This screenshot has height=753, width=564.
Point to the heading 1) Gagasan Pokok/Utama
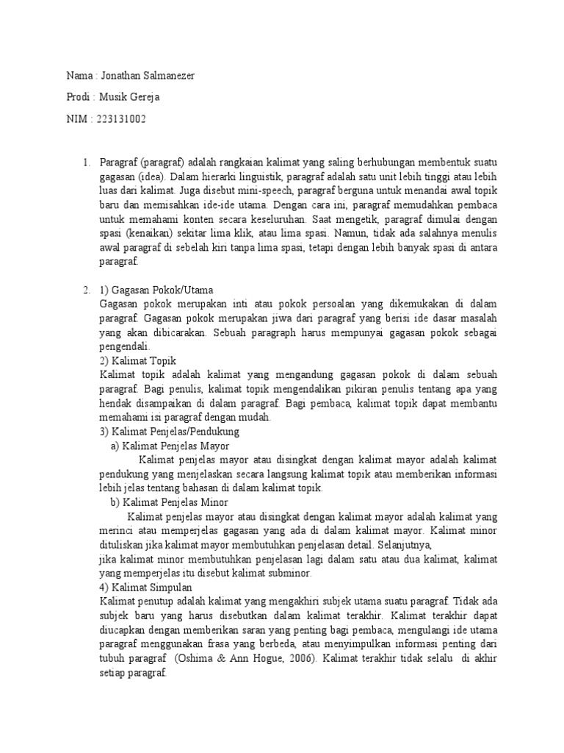pyautogui.click(x=156, y=290)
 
